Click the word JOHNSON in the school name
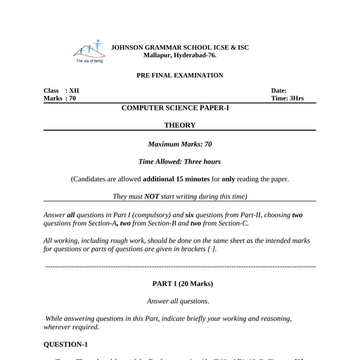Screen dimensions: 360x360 pyautogui.click(x=130, y=47)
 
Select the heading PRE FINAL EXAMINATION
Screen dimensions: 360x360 pyautogui.click(x=180, y=75)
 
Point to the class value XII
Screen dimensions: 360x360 pyautogui.click(x=74, y=91)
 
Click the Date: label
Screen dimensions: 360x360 pyautogui.click(x=279, y=91)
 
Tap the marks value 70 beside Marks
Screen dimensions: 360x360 pyautogui.click(x=72, y=98)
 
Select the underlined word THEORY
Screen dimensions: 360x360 pyautogui.click(x=180, y=125)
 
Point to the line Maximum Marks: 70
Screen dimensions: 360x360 pyautogui.click(x=180, y=144)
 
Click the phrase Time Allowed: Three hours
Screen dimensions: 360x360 pyautogui.click(x=180, y=162)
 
